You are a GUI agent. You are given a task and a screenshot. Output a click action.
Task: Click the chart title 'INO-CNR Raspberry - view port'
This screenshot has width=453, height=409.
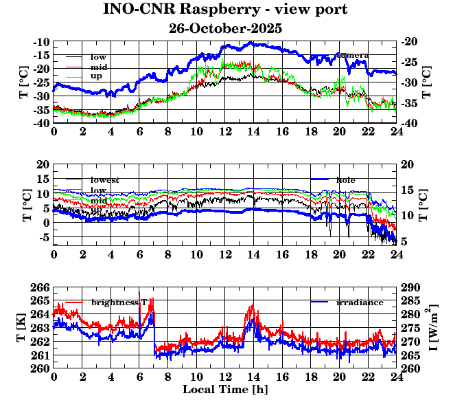click(x=225, y=10)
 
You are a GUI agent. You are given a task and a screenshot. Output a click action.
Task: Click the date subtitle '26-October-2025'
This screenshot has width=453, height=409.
click(x=225, y=29)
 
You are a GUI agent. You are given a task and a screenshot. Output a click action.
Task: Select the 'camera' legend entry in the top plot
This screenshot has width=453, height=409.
click(x=351, y=55)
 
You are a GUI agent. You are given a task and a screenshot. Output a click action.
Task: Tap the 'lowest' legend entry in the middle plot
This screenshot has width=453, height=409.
click(x=105, y=180)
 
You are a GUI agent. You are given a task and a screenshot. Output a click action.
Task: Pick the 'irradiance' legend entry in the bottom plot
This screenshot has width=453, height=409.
click(x=360, y=302)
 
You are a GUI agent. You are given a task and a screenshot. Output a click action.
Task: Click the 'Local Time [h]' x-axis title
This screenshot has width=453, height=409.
click(x=224, y=390)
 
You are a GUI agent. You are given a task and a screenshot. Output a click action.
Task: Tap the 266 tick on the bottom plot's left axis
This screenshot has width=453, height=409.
click(x=41, y=287)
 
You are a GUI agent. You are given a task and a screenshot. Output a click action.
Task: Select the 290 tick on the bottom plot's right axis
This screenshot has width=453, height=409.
click(x=410, y=287)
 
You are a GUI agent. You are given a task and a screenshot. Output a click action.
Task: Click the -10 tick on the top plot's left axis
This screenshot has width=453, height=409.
click(x=41, y=42)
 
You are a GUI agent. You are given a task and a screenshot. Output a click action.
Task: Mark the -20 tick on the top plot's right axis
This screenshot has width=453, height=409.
click(x=409, y=42)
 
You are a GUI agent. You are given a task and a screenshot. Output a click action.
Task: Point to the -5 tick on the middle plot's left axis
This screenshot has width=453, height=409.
click(x=44, y=238)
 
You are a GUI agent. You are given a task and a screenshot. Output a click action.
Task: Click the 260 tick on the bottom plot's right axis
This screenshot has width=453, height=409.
click(x=410, y=368)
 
